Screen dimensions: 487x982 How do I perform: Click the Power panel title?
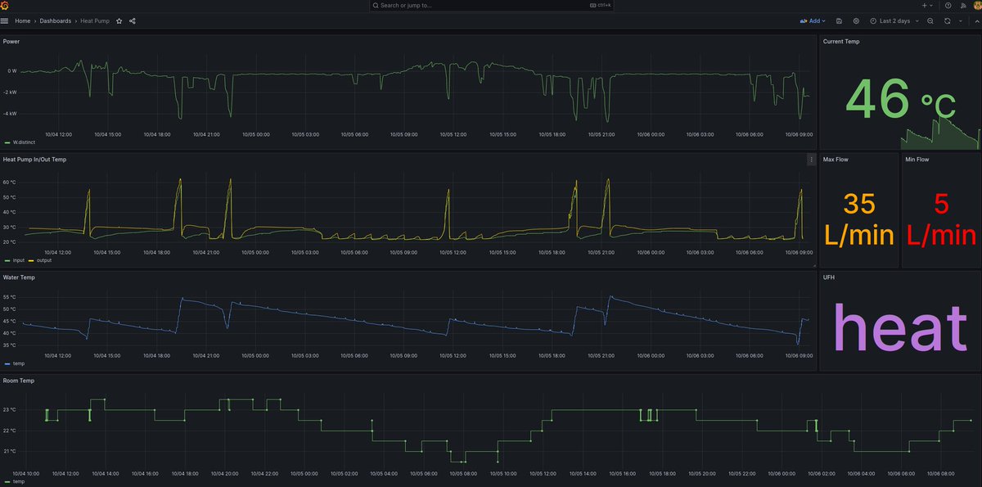coord(11,41)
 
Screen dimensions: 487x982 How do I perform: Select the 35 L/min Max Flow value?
coord(858,219)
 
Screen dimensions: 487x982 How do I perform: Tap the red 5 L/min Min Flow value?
coord(941,219)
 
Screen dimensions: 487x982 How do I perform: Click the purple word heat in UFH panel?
coord(899,329)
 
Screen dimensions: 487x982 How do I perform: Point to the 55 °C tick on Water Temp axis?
coord(10,297)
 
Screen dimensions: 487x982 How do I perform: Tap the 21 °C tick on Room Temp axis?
coord(10,451)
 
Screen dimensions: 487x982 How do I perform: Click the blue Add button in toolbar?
coord(813,20)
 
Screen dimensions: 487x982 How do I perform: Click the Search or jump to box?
coord(491,5)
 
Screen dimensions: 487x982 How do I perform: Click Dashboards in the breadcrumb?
coord(56,20)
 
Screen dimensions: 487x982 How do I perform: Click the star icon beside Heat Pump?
coord(119,20)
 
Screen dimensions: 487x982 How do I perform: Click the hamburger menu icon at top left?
coord(4,20)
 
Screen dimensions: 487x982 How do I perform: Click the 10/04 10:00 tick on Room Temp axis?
coord(26,473)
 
